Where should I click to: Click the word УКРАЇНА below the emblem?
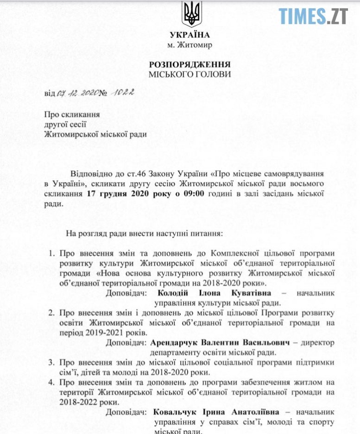(189, 35)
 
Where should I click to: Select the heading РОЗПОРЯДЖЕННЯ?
(189, 64)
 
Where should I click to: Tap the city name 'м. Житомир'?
(189, 45)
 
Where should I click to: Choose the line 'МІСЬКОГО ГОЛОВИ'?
(189, 74)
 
